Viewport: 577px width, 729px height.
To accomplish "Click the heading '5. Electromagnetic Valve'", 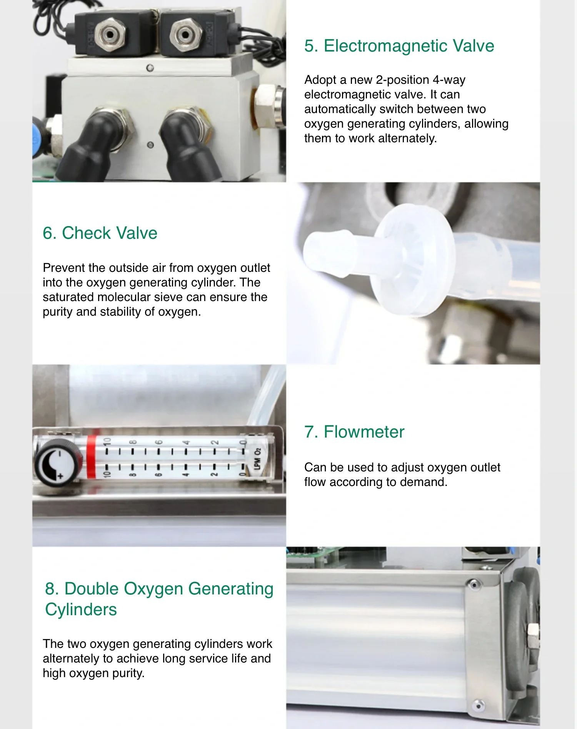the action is (399, 46).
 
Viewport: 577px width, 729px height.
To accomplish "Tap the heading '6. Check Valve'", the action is (100, 233).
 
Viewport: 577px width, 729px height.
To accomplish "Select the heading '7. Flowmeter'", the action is (354, 432).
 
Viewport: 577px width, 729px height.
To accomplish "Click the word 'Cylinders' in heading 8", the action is (81, 609).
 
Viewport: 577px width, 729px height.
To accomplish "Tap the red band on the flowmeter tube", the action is (91, 457).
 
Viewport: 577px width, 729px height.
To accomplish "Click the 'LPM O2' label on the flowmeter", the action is (258, 458).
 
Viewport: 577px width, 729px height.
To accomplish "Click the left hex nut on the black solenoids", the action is (110, 34).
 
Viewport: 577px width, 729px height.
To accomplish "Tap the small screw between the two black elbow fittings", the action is (150, 145).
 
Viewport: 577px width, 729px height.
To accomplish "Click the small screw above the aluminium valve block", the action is (150, 68).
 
